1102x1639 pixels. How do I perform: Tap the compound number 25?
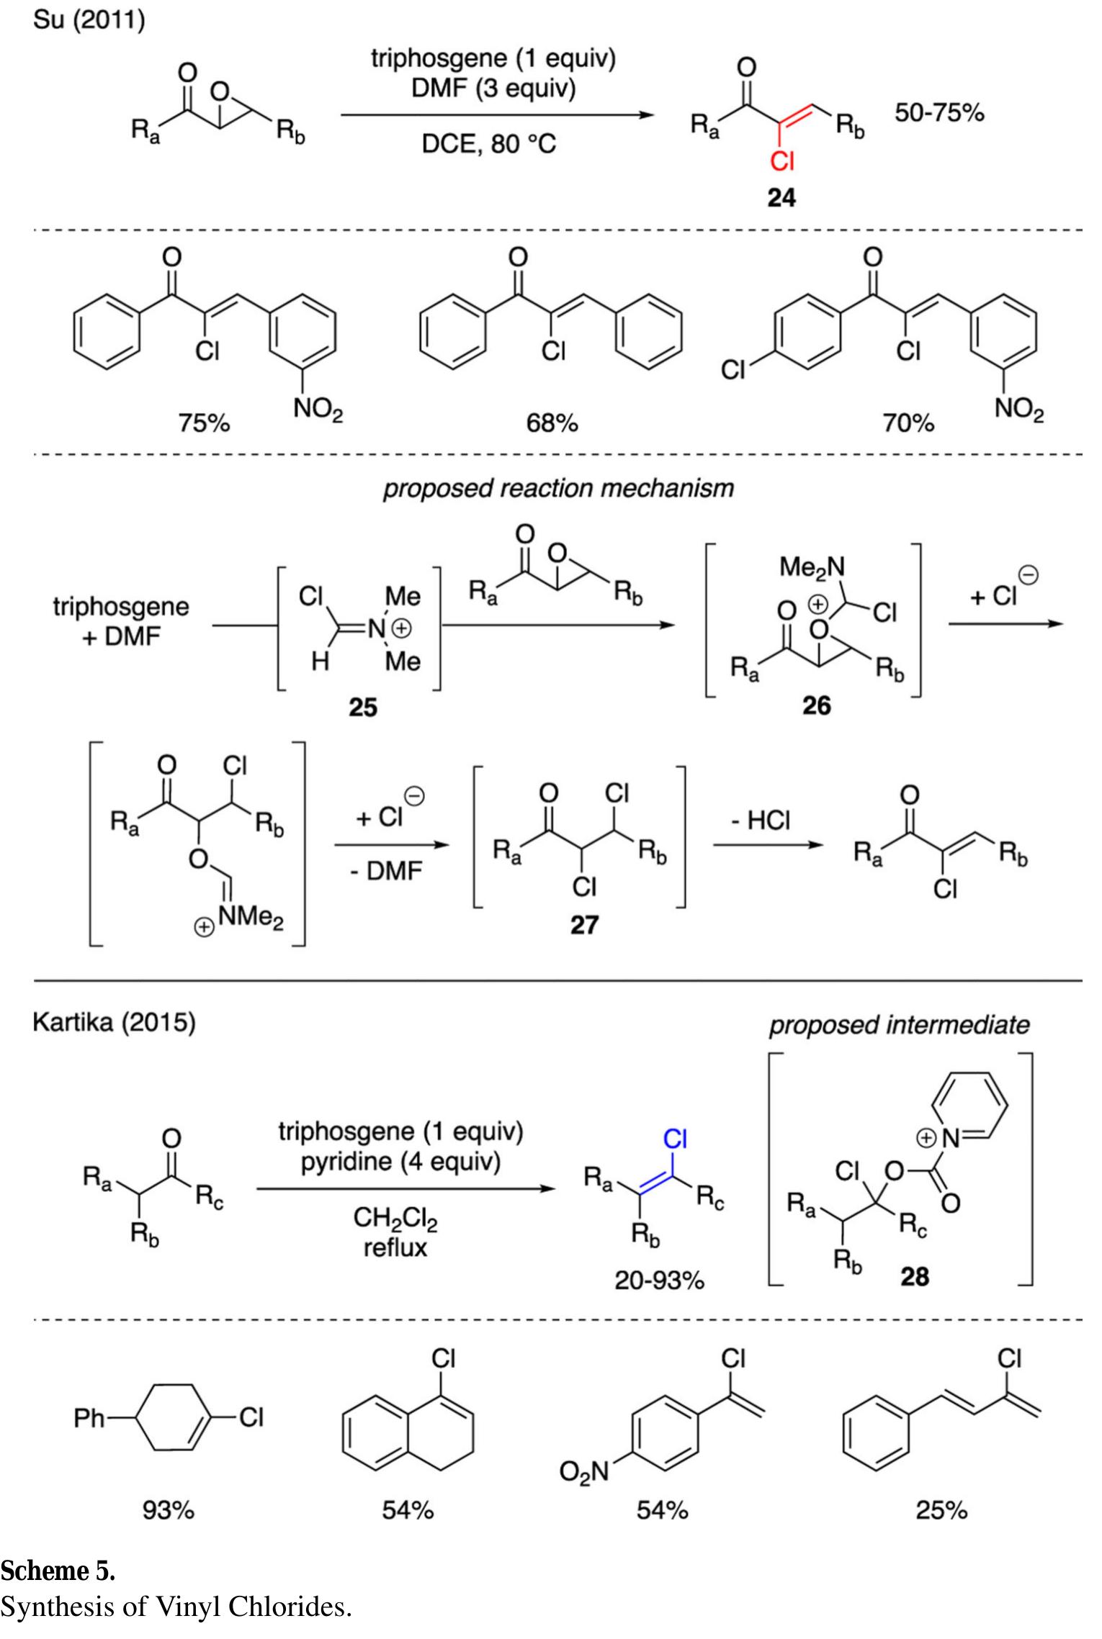362,708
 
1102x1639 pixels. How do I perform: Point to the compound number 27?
583,924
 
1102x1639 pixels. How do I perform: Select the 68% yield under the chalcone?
551,424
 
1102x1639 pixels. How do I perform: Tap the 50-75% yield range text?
939,113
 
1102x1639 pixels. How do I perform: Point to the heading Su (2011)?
89,21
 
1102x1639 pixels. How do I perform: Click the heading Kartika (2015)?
114,1023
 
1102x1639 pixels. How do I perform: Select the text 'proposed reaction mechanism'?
557,489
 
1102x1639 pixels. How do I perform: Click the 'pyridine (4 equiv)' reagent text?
400,1163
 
